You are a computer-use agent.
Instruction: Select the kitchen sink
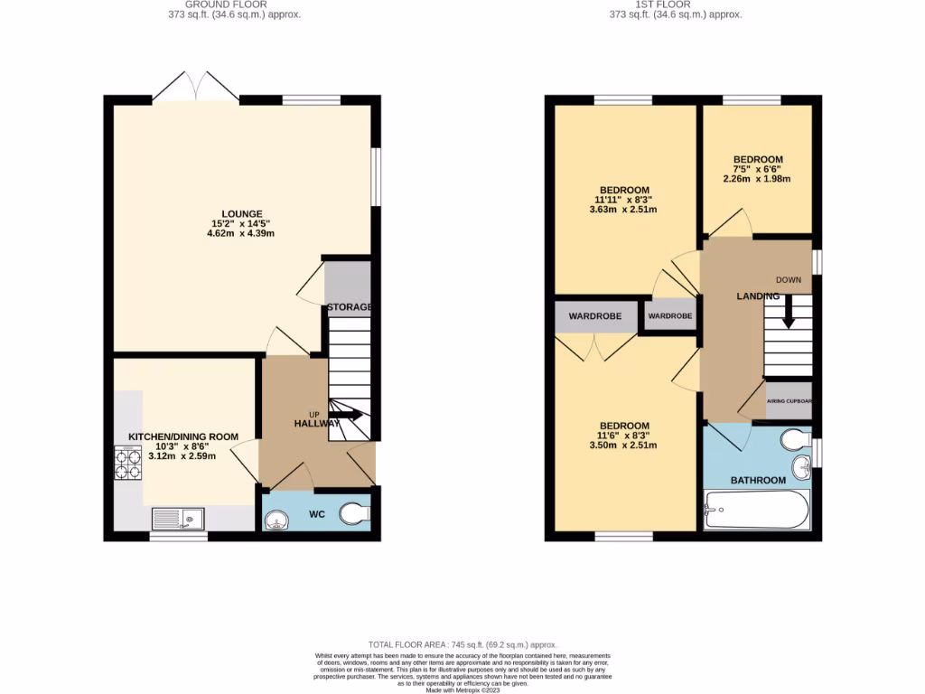tap(178, 518)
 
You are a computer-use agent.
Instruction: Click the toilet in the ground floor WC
tap(355, 514)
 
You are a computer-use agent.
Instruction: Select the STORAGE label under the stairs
tap(349, 307)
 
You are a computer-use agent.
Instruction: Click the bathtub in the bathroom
tap(755, 511)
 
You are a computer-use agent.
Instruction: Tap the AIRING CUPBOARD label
tap(789, 400)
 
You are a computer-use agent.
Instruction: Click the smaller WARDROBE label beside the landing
tap(670, 316)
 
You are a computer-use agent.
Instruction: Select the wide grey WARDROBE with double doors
tap(594, 317)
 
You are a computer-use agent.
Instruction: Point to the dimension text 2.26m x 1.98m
tap(757, 179)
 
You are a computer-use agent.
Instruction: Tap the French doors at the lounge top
tap(196, 88)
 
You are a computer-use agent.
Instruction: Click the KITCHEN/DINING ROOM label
tap(183, 436)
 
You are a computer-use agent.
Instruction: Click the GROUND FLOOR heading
tap(233, 5)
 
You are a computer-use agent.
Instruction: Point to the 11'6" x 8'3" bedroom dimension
tap(623, 436)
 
